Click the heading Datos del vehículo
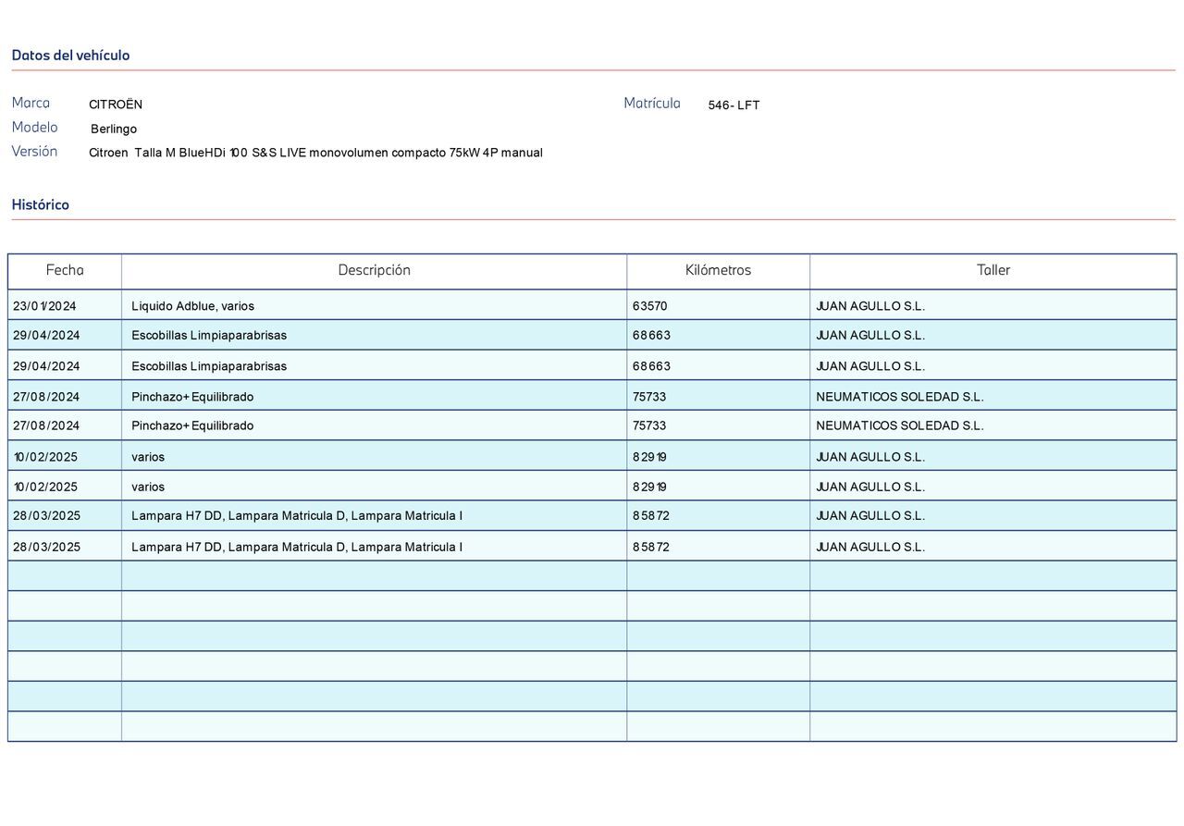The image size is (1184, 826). (x=70, y=55)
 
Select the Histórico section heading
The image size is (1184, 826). (x=41, y=204)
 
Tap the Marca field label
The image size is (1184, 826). (x=31, y=103)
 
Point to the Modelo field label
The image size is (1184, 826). (x=34, y=127)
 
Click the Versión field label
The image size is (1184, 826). (x=34, y=151)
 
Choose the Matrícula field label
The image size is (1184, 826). (x=651, y=103)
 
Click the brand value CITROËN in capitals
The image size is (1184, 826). (x=116, y=105)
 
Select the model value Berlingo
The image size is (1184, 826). (x=114, y=129)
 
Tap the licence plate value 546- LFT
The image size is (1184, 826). (x=734, y=105)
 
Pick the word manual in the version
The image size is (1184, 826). (x=522, y=153)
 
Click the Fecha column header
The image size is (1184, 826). (x=65, y=270)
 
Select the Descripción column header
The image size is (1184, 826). (x=374, y=270)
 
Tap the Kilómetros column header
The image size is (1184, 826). (x=718, y=270)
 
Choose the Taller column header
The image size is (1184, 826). (x=993, y=270)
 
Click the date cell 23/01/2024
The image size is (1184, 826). (x=44, y=306)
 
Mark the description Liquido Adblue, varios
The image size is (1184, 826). (x=192, y=306)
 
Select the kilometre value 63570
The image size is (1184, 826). (x=649, y=306)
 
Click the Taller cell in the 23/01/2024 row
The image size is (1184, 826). (x=869, y=306)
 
